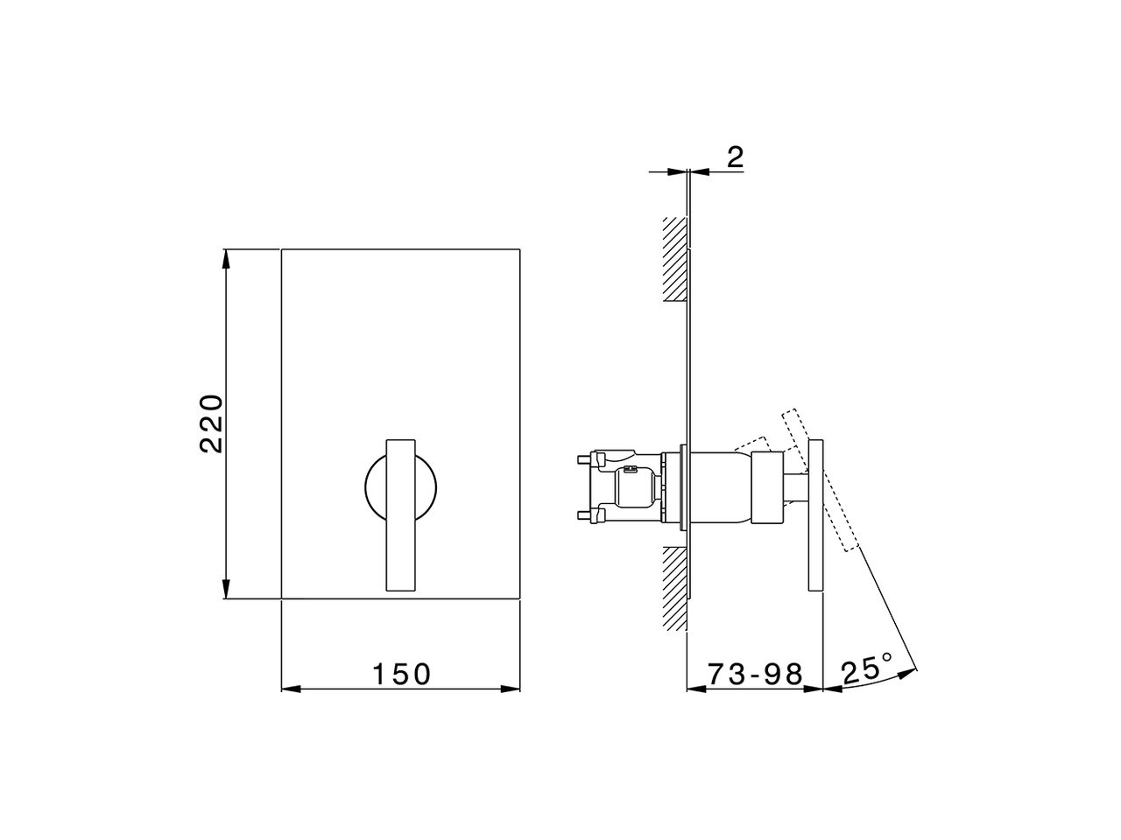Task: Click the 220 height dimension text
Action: [x=212, y=424]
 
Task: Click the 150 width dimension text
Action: [x=402, y=675]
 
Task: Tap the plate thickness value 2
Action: [x=735, y=157]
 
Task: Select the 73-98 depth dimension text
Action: [x=755, y=675]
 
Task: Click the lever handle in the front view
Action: [x=400, y=516]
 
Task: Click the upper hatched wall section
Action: [x=673, y=259]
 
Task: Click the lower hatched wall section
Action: [x=673, y=587]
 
